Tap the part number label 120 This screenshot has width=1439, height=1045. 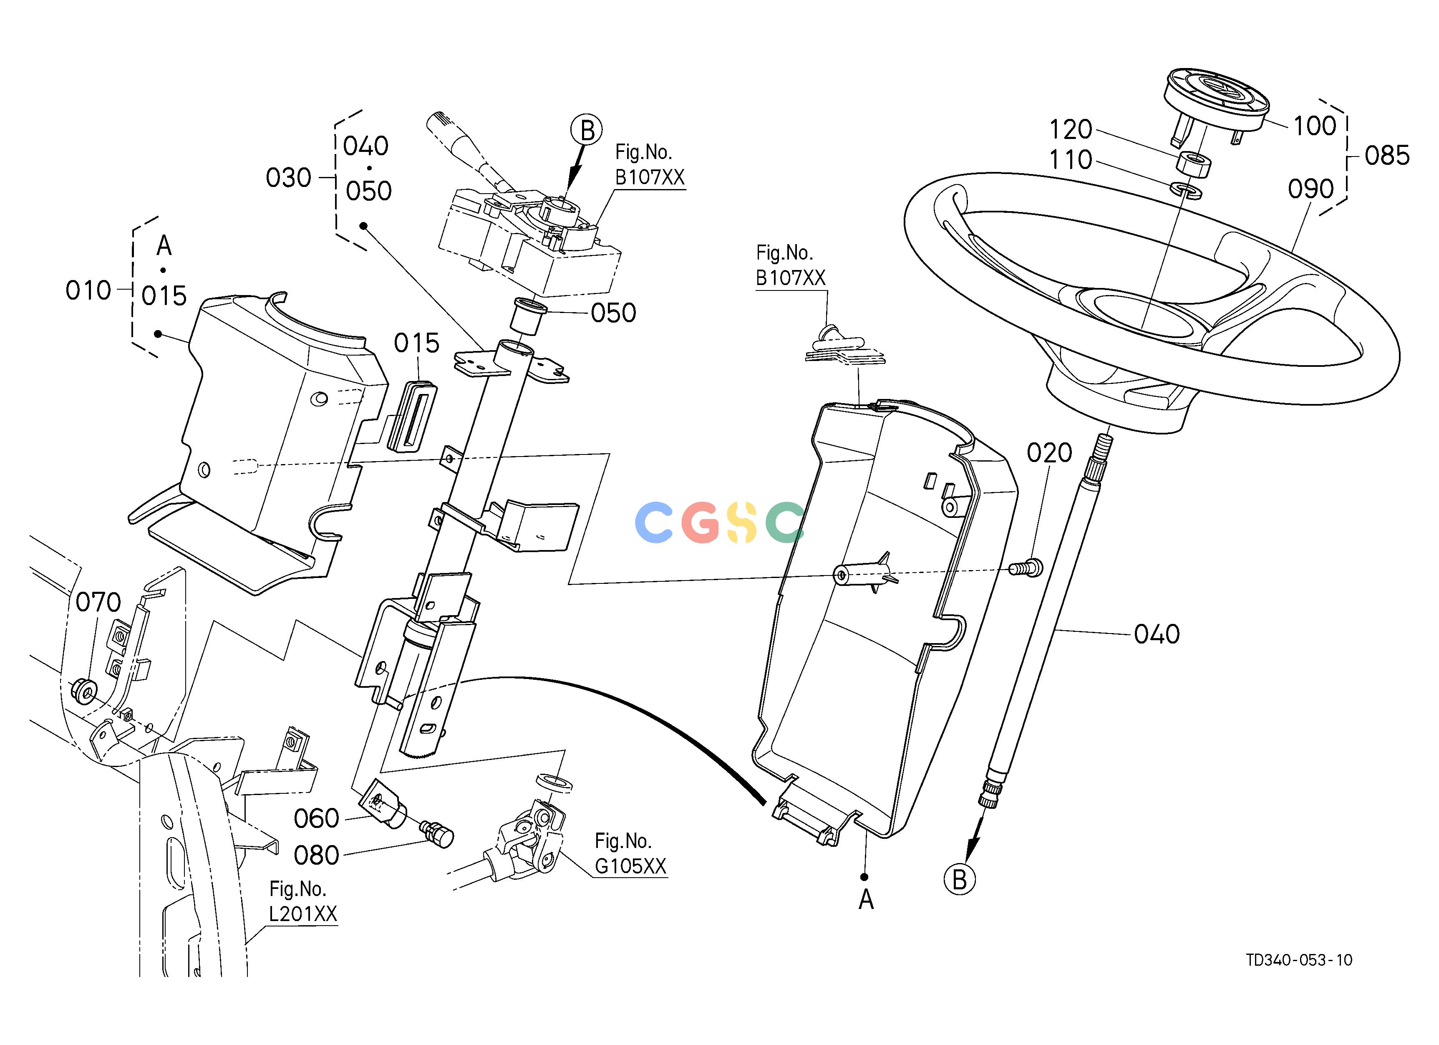1071,129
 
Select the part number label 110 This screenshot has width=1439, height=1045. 1071,160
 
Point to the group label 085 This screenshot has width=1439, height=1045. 1387,155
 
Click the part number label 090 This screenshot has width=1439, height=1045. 1311,189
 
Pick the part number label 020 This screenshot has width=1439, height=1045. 1049,453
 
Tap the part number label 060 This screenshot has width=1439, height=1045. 317,818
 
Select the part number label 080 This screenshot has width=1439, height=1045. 317,855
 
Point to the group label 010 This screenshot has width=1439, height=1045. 88,290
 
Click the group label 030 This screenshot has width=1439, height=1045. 289,178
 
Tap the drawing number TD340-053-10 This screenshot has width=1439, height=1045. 1299,960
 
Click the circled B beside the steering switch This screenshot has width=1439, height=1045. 587,131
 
